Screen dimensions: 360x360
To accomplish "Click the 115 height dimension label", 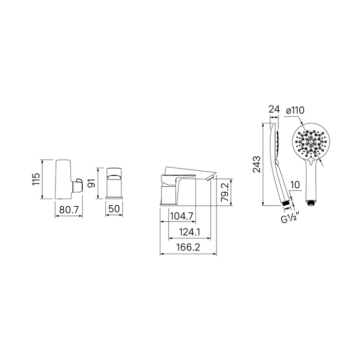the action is [x=37, y=179].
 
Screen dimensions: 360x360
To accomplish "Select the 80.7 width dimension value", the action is [x=69, y=209].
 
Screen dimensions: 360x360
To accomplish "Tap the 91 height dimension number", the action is [x=92, y=184].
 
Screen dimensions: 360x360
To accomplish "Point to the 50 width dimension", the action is [x=114, y=209].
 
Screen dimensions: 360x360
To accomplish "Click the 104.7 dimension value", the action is [x=182, y=216].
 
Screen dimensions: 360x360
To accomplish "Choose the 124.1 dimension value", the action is [x=190, y=232].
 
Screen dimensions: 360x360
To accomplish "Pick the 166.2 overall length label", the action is [x=188, y=247].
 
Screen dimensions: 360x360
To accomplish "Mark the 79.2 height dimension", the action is [x=225, y=192].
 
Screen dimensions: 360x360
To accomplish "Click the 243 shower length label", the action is [x=257, y=165].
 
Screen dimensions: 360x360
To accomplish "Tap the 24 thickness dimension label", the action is [x=274, y=109].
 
